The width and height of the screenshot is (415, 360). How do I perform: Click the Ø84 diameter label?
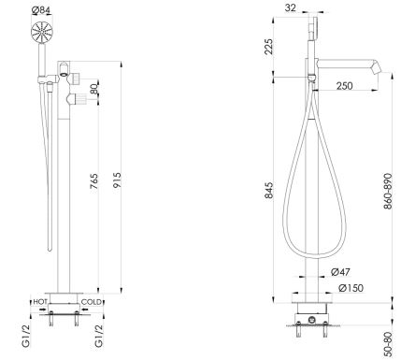click(x=40, y=10)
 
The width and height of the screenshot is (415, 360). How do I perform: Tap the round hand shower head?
click(x=42, y=32)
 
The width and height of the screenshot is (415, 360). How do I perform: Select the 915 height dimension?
click(x=117, y=180)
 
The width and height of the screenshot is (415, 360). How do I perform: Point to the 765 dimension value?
click(x=93, y=181)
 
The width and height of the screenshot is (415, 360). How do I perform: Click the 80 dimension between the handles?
click(x=94, y=89)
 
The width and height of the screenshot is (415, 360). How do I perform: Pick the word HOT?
click(x=40, y=301)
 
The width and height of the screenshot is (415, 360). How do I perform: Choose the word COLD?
click(x=92, y=302)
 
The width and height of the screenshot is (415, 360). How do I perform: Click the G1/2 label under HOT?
click(x=26, y=336)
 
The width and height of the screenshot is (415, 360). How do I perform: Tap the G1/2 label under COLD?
click(x=98, y=336)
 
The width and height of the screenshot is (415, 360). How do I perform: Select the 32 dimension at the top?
click(x=291, y=7)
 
